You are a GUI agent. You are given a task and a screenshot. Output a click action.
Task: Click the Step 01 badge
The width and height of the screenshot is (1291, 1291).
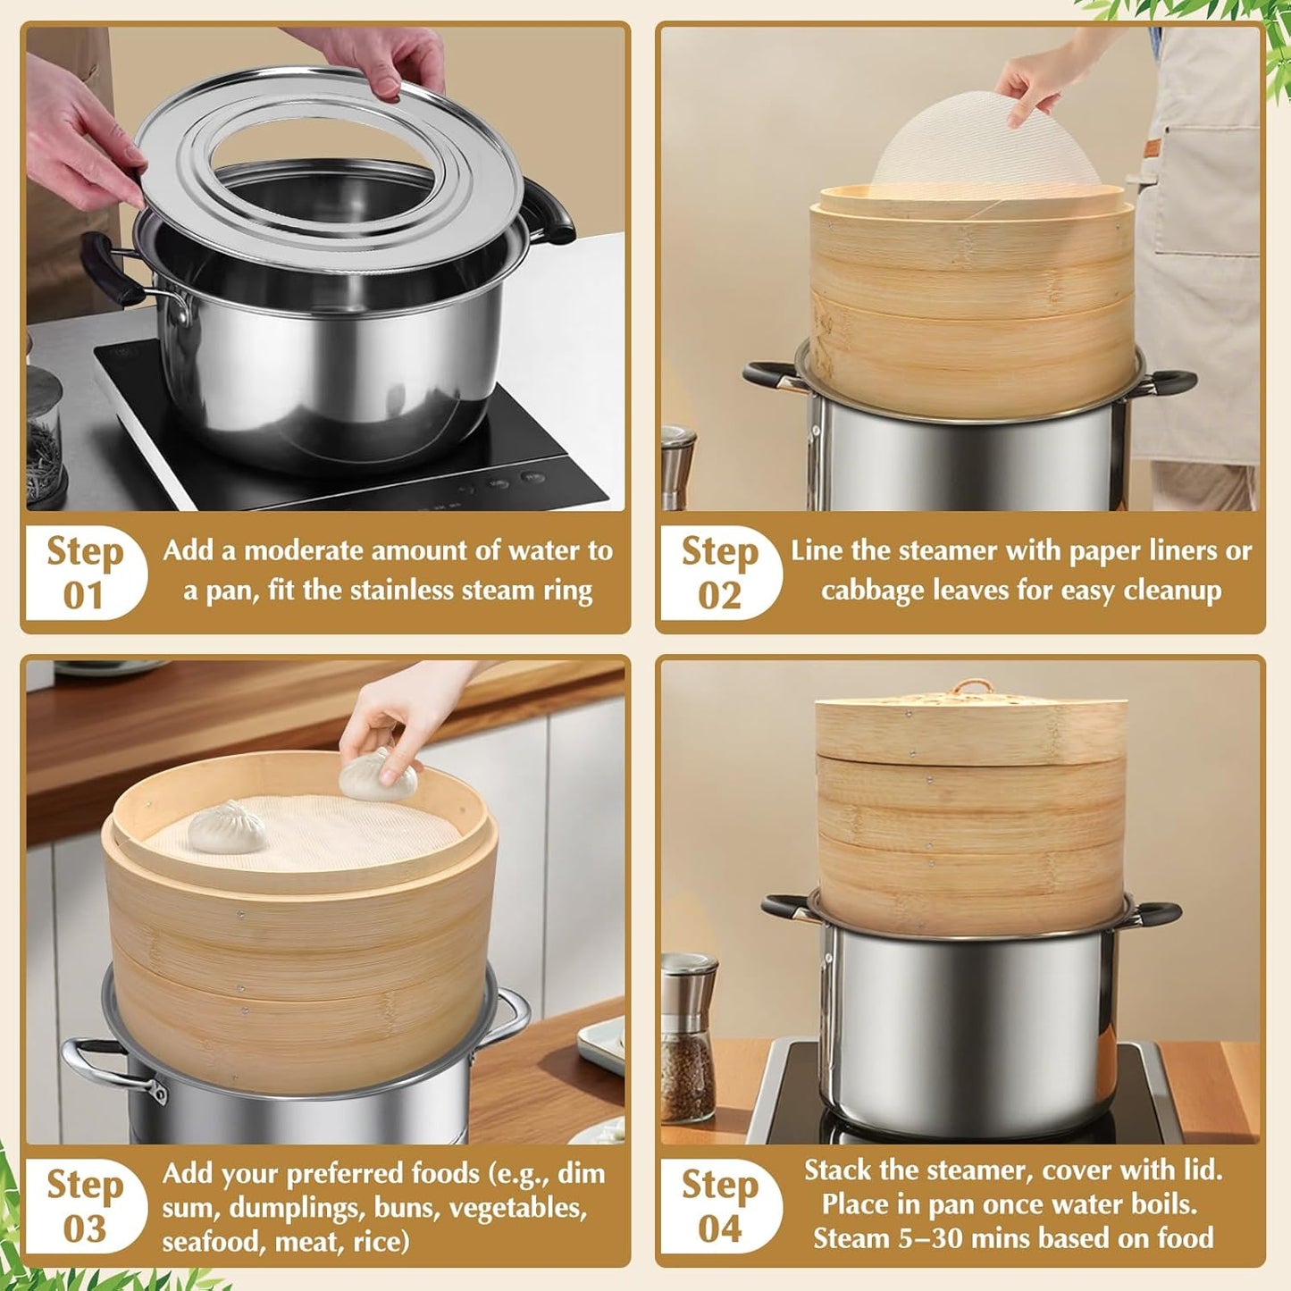[x=84, y=573]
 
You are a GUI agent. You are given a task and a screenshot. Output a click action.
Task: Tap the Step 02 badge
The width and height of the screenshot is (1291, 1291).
[x=719, y=573]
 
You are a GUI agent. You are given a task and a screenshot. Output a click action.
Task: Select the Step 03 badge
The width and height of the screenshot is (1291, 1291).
[x=84, y=1205]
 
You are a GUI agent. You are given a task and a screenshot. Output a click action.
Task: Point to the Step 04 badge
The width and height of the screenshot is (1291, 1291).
[x=719, y=1205]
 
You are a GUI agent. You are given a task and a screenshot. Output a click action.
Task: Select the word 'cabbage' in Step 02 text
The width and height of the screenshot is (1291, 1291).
[x=876, y=591]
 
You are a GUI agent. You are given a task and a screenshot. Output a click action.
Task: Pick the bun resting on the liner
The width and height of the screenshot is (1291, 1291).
[x=226, y=826]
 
